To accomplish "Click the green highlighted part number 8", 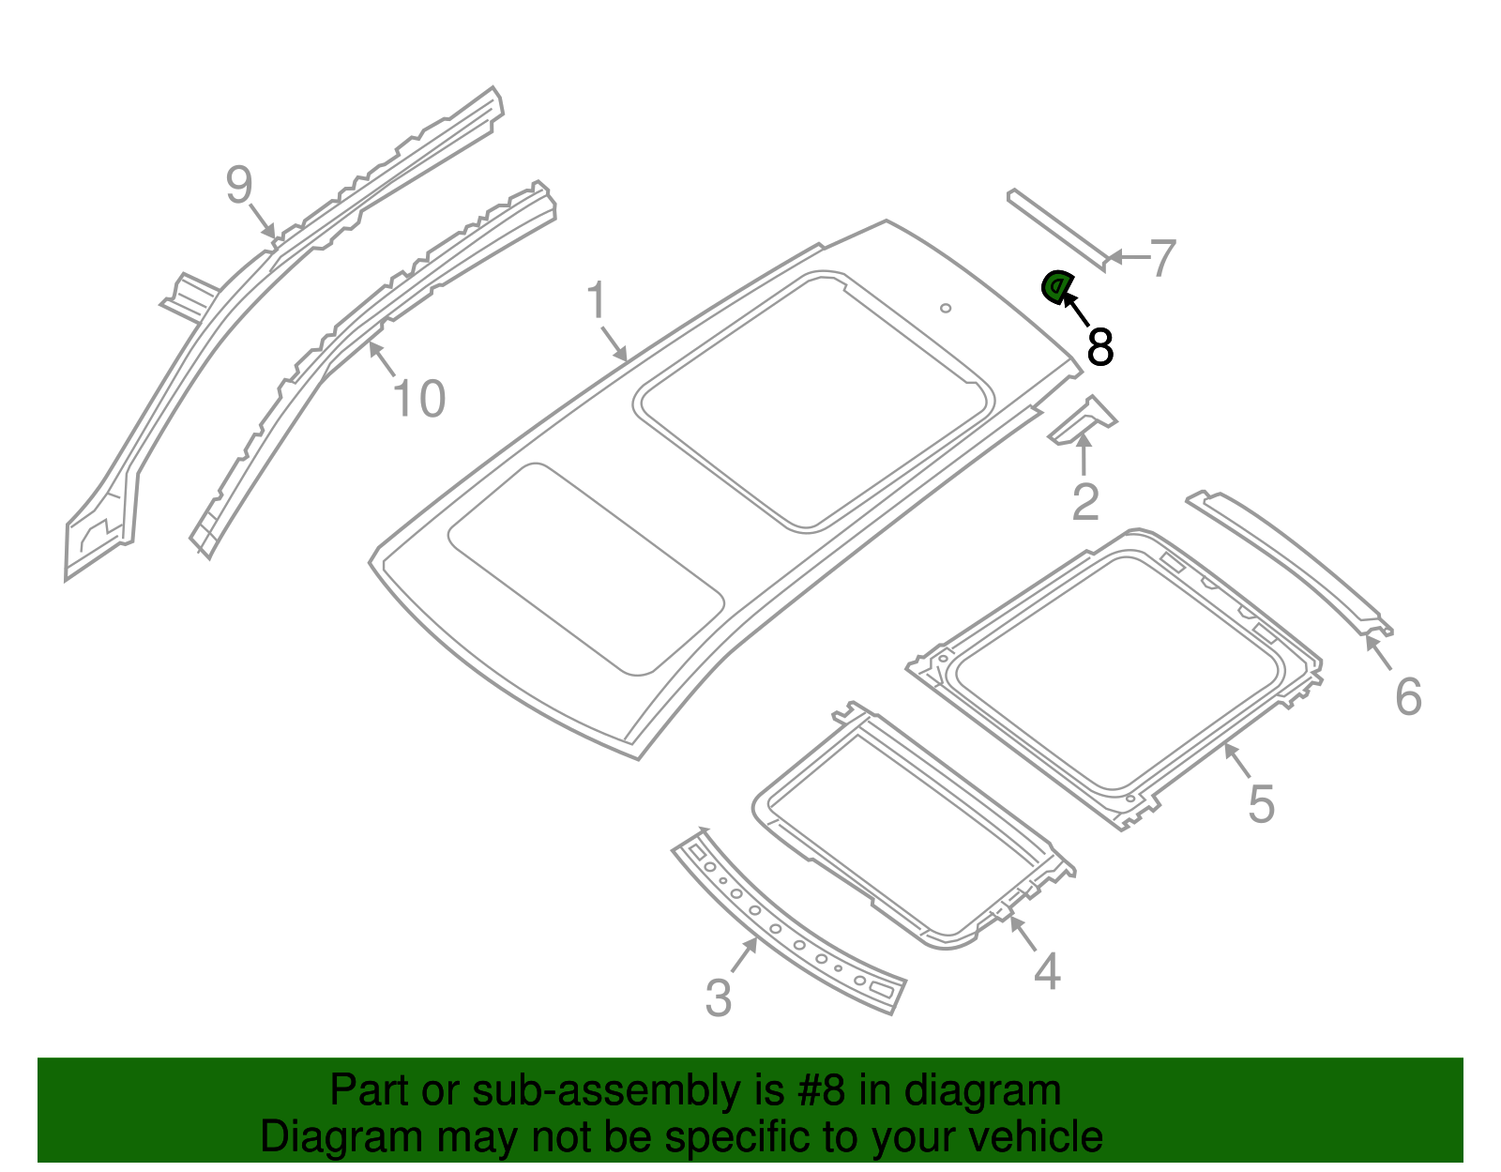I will pos(1055,286).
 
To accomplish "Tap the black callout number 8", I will pos(1099,346).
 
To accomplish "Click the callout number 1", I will pos(597,300).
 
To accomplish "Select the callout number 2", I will pos(1084,502).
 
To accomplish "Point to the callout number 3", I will pos(718,997).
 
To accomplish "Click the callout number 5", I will pos(1261,804).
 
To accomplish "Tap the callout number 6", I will pos(1408,696).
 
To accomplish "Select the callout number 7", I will pos(1162,257).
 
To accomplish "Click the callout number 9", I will pos(239,184).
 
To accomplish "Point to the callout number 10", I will pos(418,399).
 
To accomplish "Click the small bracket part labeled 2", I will pos(1084,419).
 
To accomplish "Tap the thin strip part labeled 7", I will pos(1055,228).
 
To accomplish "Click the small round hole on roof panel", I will pos(946,307).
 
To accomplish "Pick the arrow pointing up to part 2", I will pos(1084,455).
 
